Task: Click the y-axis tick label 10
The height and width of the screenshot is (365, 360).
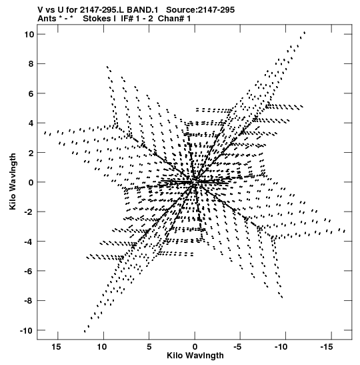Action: [29, 35]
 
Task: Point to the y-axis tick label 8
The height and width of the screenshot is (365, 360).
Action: [31, 64]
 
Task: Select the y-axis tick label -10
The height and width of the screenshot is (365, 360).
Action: [27, 330]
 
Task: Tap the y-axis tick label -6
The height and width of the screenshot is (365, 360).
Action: [29, 271]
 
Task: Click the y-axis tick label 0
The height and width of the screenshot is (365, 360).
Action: [31, 183]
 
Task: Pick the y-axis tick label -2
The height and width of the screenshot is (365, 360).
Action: [29, 212]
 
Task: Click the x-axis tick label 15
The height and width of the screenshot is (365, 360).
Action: [56, 347]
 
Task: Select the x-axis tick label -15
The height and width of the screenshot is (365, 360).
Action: [327, 347]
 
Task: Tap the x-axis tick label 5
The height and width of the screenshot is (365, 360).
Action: [149, 347]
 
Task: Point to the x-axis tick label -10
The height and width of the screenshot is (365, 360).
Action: [281, 347]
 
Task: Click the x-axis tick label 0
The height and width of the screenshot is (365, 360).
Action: [195, 347]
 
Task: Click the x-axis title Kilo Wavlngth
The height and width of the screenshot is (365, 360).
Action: [195, 356]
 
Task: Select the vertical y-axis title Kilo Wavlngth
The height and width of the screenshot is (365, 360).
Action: [13, 181]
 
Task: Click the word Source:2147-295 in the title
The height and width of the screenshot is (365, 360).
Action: [201, 10]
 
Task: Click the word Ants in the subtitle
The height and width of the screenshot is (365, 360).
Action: [46, 19]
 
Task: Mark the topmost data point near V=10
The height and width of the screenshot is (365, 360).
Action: [305, 32]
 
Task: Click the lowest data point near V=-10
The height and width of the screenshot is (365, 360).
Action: [85, 331]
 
